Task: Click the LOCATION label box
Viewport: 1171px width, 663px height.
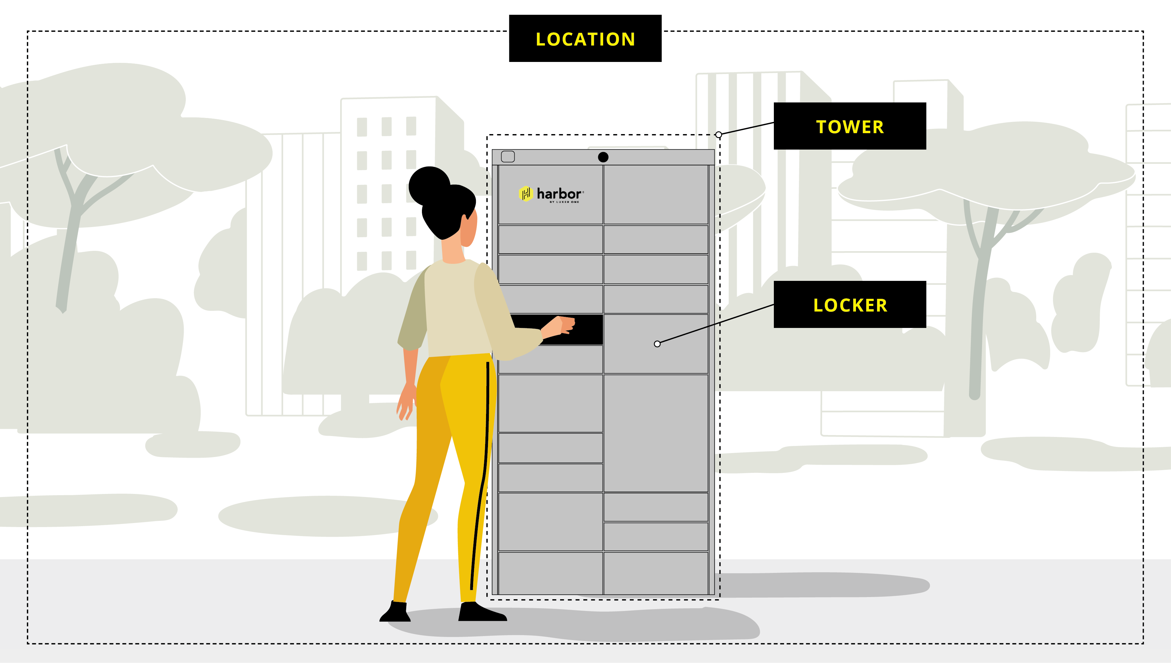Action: click(x=585, y=38)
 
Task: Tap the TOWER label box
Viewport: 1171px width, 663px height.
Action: click(x=849, y=126)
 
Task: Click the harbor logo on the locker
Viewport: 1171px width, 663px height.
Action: click(x=551, y=194)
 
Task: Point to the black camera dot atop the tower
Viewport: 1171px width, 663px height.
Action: click(x=603, y=157)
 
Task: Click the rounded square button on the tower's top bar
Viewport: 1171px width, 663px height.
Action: click(x=507, y=157)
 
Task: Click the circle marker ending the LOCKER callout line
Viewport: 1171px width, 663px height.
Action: click(x=657, y=344)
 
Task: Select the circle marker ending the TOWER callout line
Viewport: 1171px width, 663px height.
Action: click(x=718, y=135)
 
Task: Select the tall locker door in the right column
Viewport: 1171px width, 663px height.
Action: click(x=656, y=433)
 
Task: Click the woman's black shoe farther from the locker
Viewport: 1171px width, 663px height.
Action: click(x=395, y=613)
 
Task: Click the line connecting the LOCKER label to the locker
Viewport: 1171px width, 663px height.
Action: click(x=715, y=324)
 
